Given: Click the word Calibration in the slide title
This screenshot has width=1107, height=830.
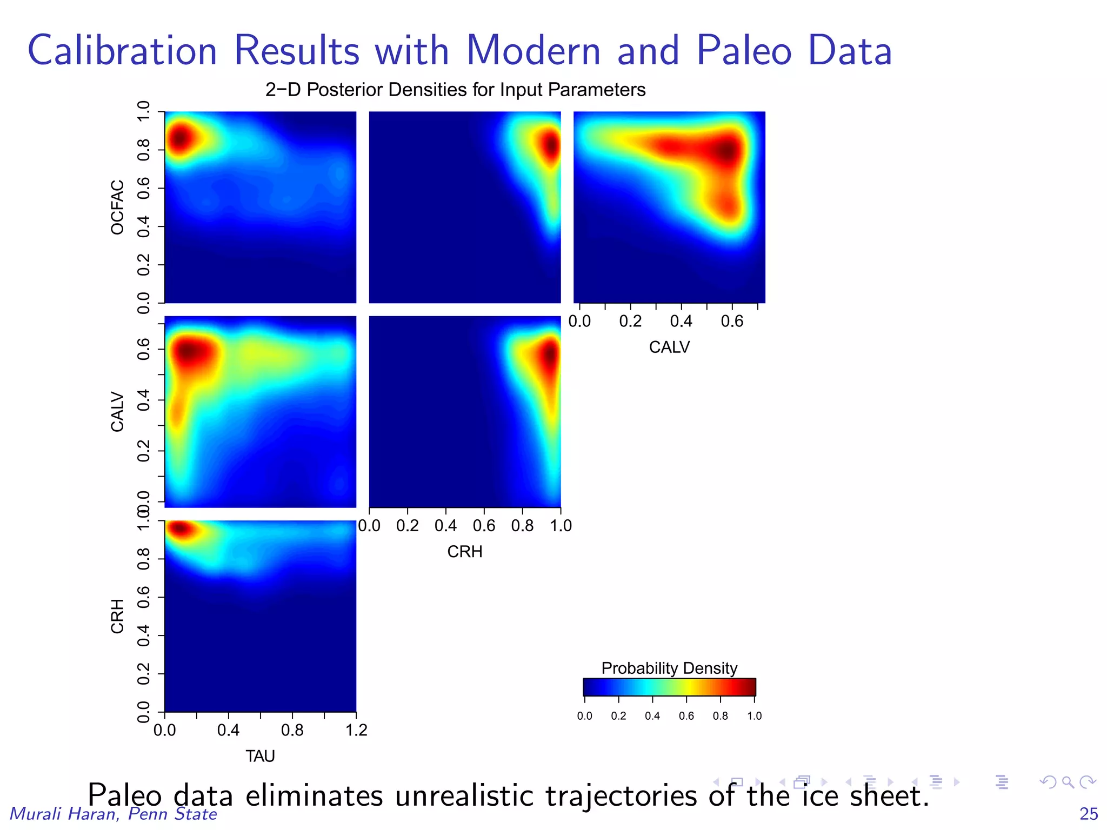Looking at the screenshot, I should coord(122,50).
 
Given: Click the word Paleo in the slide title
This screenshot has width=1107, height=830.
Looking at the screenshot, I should coord(743,50).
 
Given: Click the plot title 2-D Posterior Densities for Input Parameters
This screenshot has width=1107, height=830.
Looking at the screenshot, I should coord(455,90).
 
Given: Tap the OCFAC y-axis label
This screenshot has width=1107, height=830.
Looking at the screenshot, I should coord(117,207).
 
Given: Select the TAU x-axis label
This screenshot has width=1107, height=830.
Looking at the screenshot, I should coord(260,756).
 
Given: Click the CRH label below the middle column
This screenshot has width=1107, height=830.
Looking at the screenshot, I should coord(464,552).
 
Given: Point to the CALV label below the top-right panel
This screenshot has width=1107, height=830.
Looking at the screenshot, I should coord(669,347).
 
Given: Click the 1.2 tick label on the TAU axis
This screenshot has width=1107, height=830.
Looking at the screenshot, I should coord(356,731).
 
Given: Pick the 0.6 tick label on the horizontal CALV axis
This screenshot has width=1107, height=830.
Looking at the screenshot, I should coord(732,322).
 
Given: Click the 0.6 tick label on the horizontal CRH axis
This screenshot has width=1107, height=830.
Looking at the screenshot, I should coord(483,526).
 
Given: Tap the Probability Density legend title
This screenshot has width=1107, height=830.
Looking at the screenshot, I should coord(669,668).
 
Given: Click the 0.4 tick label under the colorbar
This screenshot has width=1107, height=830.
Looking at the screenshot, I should coord(652,716).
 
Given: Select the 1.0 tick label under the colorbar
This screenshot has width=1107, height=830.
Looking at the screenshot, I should coord(754,716).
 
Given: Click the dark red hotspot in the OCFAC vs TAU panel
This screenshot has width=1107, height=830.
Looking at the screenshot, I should coord(179,138).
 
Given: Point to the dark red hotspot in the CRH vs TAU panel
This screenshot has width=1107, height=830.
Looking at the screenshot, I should coord(180,528).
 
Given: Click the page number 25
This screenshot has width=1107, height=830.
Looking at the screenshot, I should coord(1089,814).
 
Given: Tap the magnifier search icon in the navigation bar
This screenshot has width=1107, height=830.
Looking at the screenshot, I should coord(1067,782).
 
